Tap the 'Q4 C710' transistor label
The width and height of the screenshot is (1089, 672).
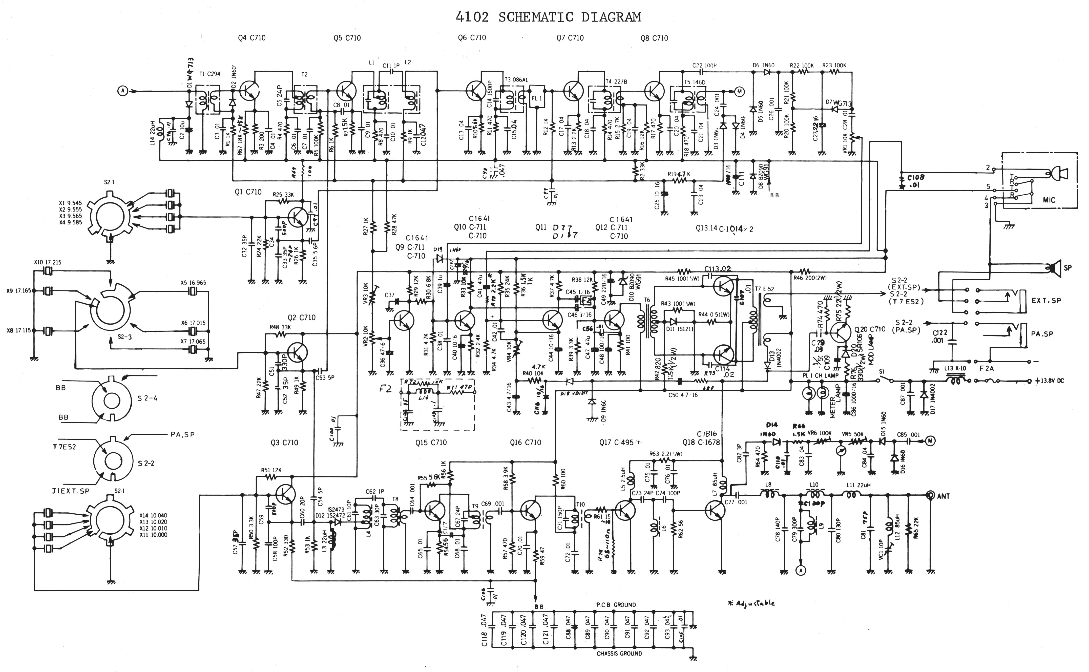click(252, 38)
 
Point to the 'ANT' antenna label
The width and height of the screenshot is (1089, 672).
click(943, 496)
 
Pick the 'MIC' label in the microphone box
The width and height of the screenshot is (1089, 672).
click(1049, 200)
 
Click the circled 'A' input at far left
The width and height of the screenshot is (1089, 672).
click(122, 91)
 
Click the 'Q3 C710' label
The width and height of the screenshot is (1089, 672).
click(284, 443)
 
